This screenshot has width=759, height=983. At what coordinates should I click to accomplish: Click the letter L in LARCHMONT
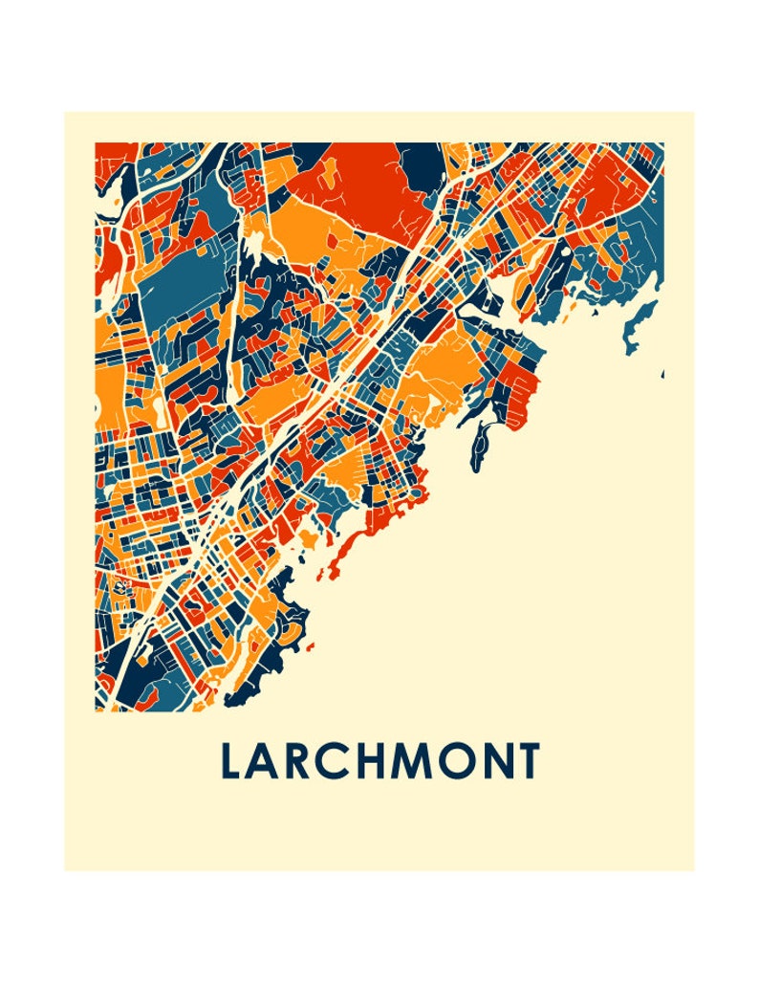230,761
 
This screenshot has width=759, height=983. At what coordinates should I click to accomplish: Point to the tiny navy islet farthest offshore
662,373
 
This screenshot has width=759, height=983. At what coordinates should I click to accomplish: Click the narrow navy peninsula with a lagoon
481,440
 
